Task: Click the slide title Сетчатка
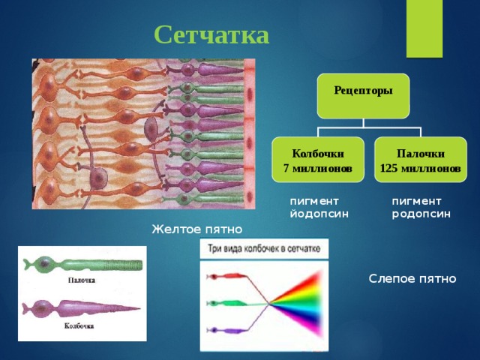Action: pos(211,35)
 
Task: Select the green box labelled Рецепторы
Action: pos(363,96)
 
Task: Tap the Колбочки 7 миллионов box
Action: pos(318,160)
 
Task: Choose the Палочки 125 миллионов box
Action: pos(421,160)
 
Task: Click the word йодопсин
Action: pos(319,214)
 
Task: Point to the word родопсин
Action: pos(421,214)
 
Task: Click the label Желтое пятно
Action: pos(197,229)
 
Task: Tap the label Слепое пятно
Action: pos(412,279)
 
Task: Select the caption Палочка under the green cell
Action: pos(82,280)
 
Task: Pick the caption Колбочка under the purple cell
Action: pos(79,326)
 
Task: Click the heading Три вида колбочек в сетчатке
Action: pos(264,248)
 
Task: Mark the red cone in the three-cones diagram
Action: pos(227,277)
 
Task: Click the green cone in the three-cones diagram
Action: pos(227,303)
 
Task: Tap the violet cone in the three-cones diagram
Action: pos(227,330)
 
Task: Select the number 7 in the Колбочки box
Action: pos(286,169)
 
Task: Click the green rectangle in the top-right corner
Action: pos(424,28)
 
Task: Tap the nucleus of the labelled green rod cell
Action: pos(45,263)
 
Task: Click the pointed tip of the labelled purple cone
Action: pos(139,308)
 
